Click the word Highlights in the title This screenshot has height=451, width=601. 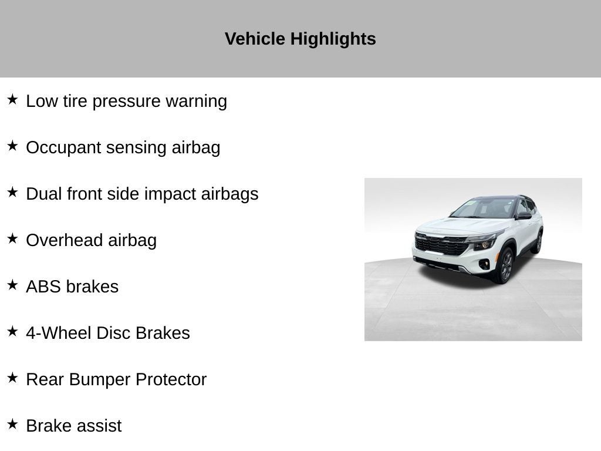(333, 39)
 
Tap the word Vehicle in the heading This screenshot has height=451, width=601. (255, 39)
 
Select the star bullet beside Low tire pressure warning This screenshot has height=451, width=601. (12, 99)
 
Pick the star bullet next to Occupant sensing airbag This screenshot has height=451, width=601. (12, 146)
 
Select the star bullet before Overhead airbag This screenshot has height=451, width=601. (12, 238)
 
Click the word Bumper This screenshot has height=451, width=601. (100, 380)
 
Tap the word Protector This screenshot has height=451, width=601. (171, 380)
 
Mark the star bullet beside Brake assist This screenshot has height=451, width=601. (12, 424)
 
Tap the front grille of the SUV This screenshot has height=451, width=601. (441, 245)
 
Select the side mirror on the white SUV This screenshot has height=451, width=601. (524, 216)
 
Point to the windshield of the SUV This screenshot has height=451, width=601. (484, 209)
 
